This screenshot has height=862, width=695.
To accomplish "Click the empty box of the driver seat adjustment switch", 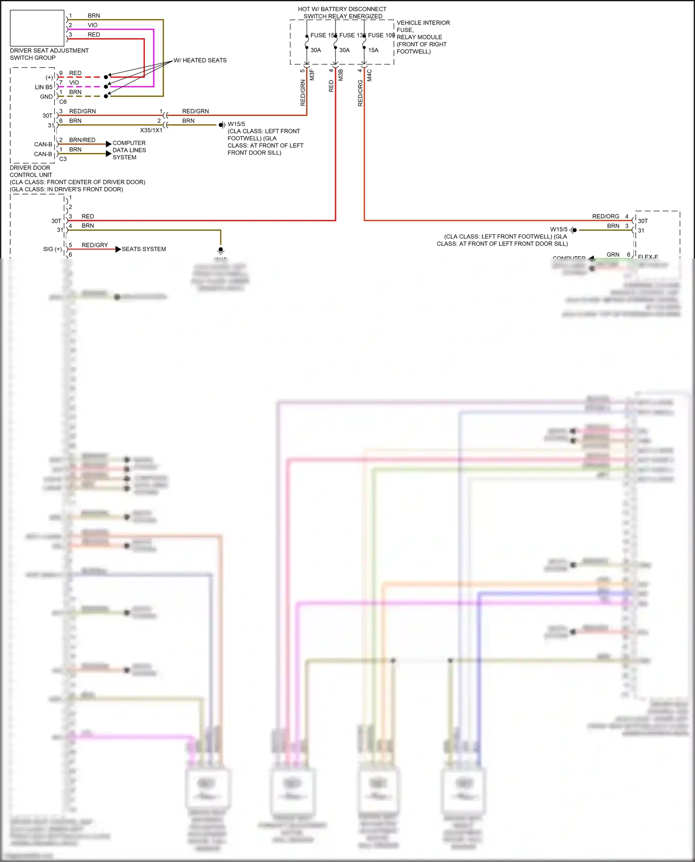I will (x=37, y=27).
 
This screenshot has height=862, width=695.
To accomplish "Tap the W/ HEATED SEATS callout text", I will (x=200, y=60).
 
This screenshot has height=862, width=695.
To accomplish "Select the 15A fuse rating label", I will (x=373, y=50).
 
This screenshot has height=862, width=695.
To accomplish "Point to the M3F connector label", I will (x=312, y=75).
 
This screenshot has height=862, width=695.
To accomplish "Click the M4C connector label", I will (x=369, y=75).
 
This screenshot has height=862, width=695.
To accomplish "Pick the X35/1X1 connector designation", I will (x=151, y=130).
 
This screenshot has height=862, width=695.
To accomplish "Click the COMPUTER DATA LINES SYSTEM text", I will (x=129, y=150).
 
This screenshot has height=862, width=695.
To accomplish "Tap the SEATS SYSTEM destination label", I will (x=144, y=249).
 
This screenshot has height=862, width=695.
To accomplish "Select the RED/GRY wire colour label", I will (x=95, y=245).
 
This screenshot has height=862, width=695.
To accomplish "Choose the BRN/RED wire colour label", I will (x=82, y=140).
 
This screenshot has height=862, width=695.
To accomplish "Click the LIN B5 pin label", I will (x=44, y=87).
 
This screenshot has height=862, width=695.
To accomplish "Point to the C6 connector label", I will (x=63, y=102).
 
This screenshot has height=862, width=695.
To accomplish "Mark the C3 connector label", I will (x=63, y=159).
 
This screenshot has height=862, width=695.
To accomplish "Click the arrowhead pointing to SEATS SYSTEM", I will (x=118, y=249).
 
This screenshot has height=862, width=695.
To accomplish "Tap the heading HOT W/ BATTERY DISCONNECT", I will (x=342, y=9).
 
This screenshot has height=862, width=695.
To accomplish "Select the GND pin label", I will (x=46, y=97).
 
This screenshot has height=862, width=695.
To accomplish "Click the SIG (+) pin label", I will (x=52, y=249).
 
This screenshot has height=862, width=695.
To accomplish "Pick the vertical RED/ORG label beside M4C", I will (x=360, y=93).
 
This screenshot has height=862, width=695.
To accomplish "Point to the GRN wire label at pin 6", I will (x=613, y=254).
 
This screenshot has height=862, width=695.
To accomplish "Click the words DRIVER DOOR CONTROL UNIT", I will (x=31, y=171).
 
